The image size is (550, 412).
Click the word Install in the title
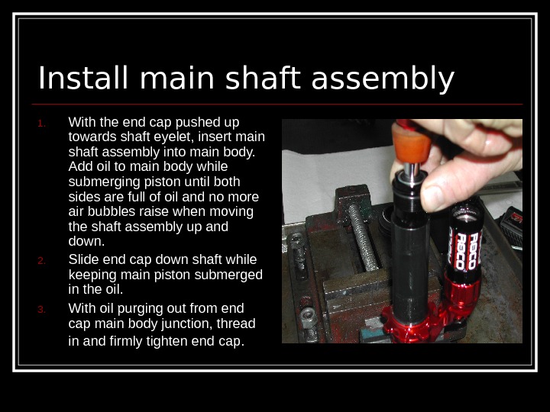pos(83,78)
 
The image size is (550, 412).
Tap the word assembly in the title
pos(383,79)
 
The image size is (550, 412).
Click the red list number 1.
pos(41,124)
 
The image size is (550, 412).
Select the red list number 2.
pos(41,261)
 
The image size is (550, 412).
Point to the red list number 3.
pos(41,309)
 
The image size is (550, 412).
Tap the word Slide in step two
pos(84,259)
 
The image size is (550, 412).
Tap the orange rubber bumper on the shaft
pos(411,144)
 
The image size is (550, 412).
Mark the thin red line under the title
pos(277,105)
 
